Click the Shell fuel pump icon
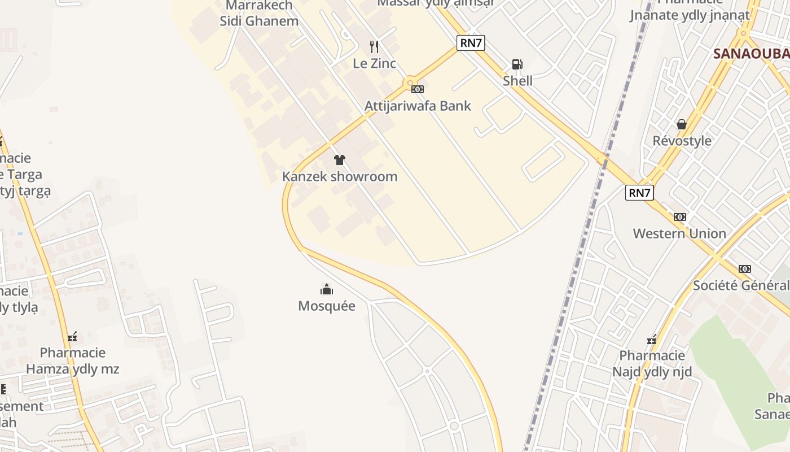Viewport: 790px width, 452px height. tap(517, 64)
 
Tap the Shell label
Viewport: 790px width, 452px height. tap(517, 81)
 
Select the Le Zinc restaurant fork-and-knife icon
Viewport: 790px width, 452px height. tap(374, 46)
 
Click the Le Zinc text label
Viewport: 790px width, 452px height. tap(374, 63)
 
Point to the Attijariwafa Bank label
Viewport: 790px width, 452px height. tap(418, 106)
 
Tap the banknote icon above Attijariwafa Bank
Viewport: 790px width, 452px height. tap(418, 89)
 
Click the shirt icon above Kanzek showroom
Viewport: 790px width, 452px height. tap(339, 160)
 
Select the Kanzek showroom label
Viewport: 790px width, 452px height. tap(339, 176)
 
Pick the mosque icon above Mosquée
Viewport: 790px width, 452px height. tap(327, 290)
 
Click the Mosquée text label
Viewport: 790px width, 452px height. tap(327, 306)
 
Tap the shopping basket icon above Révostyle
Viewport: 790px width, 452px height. tap(682, 124)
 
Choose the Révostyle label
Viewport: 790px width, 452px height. tap(682, 141)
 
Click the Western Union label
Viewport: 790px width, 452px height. tap(679, 233)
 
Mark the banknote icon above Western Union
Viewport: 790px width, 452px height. tap(679, 217)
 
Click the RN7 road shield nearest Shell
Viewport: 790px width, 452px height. tap(471, 43)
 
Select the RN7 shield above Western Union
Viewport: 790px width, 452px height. tap(639, 193)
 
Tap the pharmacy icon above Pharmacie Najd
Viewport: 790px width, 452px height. tap(652, 340)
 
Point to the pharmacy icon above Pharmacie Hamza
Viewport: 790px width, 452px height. tap(72, 337)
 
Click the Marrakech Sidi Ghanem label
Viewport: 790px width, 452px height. tap(259, 14)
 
